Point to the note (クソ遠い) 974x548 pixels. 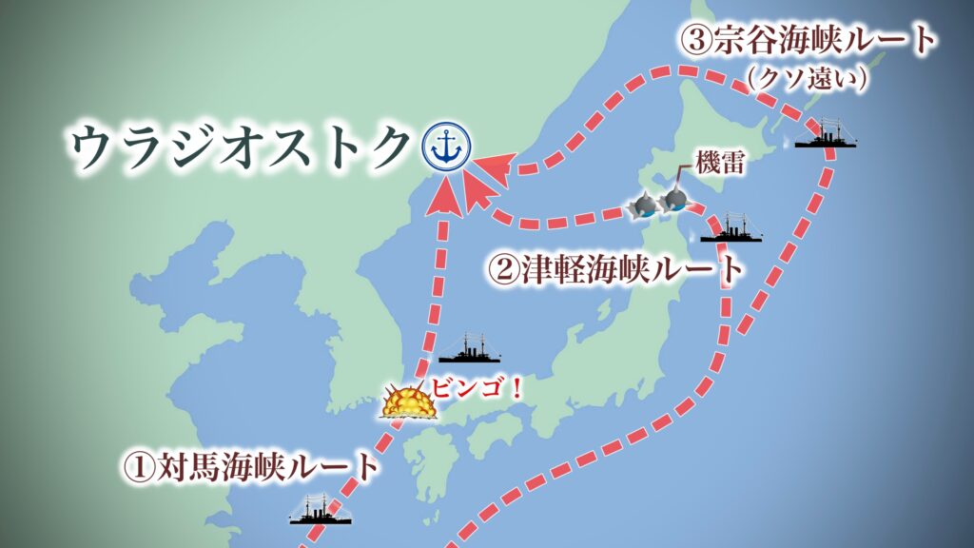coord(808,81)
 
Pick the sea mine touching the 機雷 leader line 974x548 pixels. coord(675,198)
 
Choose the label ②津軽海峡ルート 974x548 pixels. coord(614,269)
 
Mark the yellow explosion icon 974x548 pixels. coord(408,403)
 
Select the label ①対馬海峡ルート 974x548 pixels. coord(249,466)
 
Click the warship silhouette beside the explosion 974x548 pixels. coord(469,350)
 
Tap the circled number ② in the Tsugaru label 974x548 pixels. coord(502,269)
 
